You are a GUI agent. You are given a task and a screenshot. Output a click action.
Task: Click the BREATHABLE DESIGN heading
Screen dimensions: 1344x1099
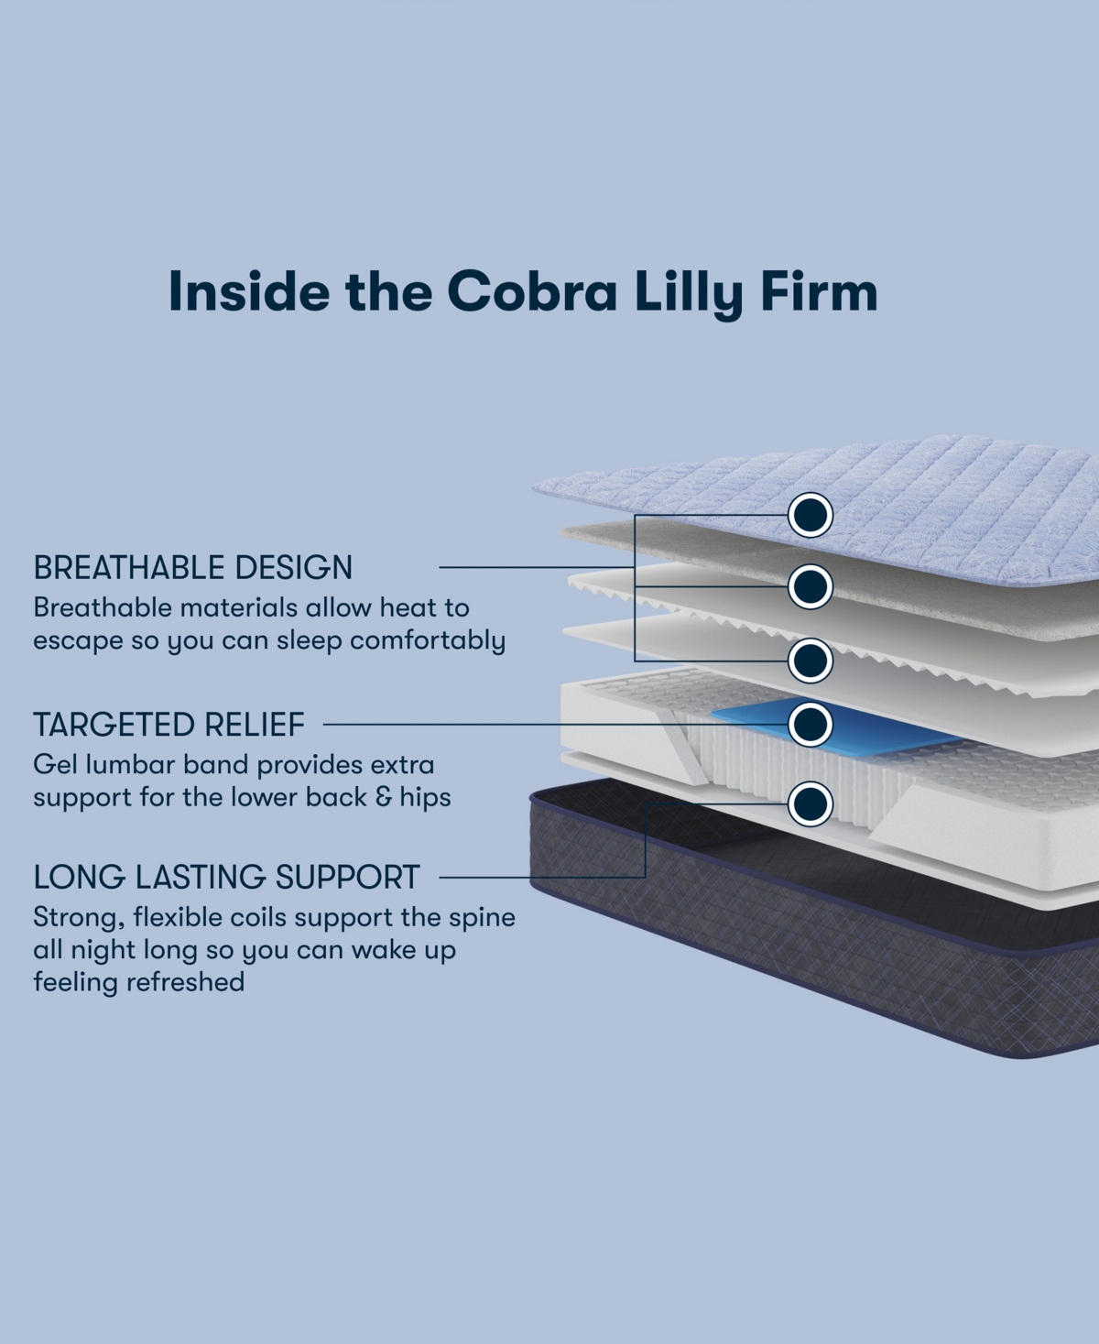pos(192,568)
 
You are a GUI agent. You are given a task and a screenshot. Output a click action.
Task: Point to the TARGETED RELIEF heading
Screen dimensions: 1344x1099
pos(169,725)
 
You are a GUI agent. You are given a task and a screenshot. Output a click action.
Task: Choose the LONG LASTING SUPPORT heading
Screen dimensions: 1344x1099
pos(226,877)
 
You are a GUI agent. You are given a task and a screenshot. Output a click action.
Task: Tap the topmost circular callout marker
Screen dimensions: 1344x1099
pos(811,515)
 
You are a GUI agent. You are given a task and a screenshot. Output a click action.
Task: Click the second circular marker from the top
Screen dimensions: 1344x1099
pos(811,586)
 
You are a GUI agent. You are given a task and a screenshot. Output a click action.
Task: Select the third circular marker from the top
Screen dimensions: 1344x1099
pos(811,661)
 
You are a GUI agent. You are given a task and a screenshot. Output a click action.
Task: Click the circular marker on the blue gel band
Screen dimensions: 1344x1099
pos(811,725)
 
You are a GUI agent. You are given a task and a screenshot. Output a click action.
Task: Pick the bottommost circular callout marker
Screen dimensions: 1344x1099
pos(811,803)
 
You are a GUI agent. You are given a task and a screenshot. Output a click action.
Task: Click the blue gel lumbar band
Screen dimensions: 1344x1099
pos(751,718)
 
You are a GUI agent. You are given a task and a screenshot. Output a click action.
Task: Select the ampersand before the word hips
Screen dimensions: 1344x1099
pos(385,797)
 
